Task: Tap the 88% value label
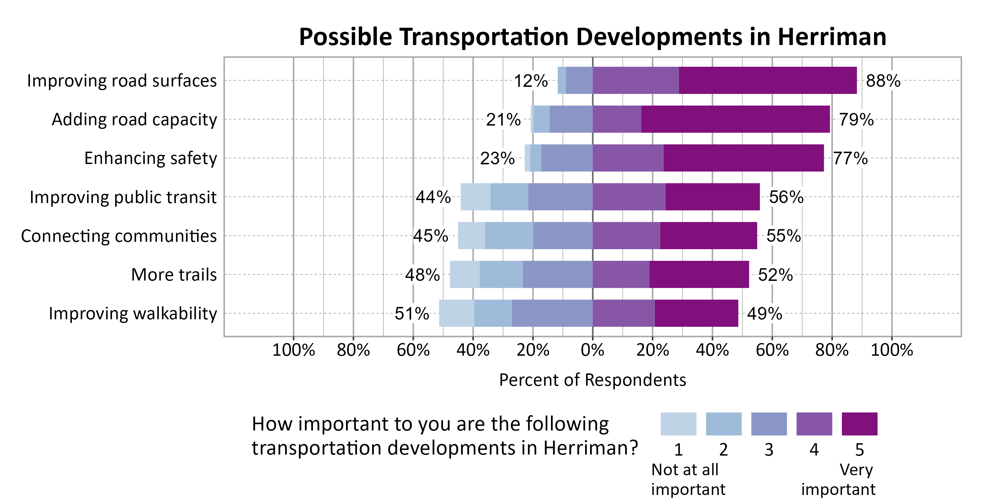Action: (x=883, y=81)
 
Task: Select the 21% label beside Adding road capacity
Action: (x=503, y=120)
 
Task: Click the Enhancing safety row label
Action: (x=151, y=158)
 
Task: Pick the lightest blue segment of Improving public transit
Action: (x=475, y=197)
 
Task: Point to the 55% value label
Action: (x=783, y=236)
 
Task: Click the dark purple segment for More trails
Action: (x=699, y=275)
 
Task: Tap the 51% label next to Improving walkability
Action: (x=412, y=314)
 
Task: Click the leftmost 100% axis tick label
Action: (x=293, y=350)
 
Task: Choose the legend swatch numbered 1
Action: (x=678, y=424)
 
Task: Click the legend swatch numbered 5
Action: (x=859, y=424)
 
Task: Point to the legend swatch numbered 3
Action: (x=769, y=424)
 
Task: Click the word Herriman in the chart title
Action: (x=832, y=37)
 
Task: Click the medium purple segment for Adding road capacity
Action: (x=617, y=119)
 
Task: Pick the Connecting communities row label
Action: (x=119, y=236)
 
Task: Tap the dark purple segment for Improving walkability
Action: (x=696, y=314)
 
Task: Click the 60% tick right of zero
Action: (x=772, y=350)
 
